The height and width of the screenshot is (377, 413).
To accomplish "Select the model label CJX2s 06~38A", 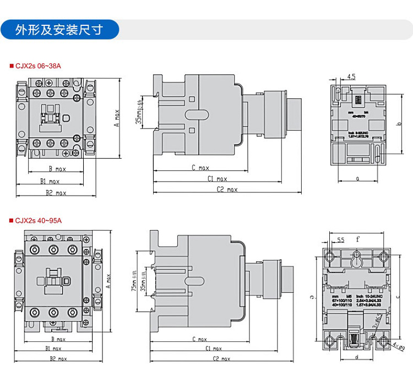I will [38, 66].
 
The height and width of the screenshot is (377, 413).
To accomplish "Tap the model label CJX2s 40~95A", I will [38, 221].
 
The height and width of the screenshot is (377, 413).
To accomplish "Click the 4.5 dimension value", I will [351, 77].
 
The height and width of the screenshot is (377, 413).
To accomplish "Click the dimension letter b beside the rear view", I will [398, 124].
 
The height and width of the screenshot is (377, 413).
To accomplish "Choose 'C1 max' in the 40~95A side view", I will [213, 348].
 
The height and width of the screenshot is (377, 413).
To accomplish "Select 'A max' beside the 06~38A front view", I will [116, 118].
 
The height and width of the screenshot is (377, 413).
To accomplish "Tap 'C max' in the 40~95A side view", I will [200, 339].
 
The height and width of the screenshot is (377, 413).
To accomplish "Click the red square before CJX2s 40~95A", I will [11, 221].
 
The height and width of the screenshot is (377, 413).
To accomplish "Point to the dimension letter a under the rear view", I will [358, 178].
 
